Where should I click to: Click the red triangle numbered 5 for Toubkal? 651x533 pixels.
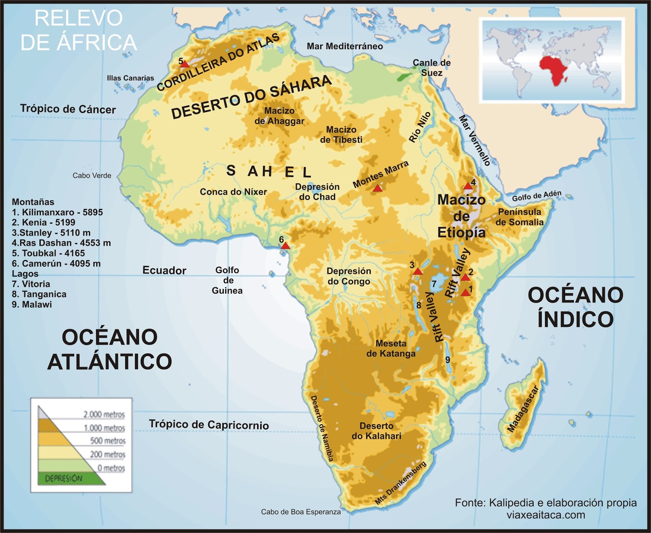185,64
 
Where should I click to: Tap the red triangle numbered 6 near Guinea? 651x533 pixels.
285,246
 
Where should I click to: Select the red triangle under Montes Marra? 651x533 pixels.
378,188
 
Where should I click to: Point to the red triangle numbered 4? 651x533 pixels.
468,186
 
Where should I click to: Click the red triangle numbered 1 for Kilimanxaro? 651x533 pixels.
465,293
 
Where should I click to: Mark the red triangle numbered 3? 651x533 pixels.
417,271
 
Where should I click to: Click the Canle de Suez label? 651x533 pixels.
431,68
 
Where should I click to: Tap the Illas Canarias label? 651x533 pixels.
130,78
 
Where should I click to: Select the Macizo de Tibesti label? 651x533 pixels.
341,135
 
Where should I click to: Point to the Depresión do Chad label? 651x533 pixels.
317,192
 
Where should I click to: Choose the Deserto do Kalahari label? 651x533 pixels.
376,431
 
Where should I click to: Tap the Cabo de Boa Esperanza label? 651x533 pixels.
301,512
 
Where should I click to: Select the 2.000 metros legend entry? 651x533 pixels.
104,414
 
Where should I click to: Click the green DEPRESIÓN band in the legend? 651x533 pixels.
65,478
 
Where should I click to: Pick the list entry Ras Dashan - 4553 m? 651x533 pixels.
61,243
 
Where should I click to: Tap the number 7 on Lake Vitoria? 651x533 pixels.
434,284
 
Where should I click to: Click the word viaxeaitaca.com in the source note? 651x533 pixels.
546,515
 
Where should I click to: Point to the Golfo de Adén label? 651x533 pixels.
536,196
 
